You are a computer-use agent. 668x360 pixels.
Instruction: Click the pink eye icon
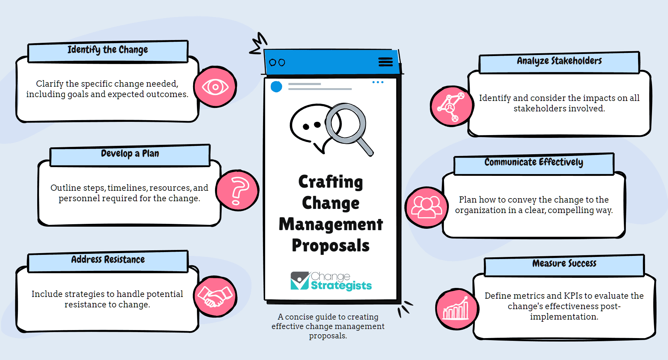point(215,87)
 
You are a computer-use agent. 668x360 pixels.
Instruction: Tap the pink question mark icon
point(237,190)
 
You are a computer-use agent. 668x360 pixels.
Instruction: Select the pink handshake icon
point(215,296)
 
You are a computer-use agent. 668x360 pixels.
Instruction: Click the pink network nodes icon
point(452,106)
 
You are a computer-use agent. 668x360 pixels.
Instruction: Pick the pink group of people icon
point(427,208)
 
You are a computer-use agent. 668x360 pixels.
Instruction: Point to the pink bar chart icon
point(457,309)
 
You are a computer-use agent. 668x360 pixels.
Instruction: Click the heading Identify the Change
point(108,50)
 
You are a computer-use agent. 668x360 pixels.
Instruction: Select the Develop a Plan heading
point(130,154)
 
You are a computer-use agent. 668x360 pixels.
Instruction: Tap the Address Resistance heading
point(108,259)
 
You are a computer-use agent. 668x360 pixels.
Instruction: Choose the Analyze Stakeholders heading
point(559,61)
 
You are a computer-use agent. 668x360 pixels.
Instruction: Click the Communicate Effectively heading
point(534,162)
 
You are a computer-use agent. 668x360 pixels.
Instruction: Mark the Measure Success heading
point(564,263)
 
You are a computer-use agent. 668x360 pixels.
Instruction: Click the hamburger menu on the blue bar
point(385,62)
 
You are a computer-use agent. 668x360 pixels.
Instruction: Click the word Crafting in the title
point(331,182)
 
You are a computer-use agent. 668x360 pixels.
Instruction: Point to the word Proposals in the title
point(331,245)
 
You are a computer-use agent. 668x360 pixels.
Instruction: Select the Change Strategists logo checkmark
point(300,281)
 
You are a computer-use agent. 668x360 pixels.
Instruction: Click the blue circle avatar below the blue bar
point(276,87)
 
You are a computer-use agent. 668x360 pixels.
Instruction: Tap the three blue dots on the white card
point(378,82)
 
